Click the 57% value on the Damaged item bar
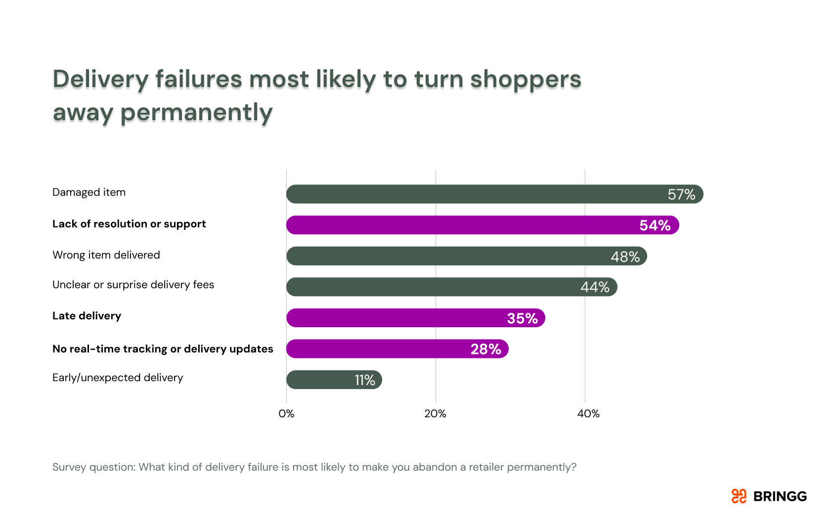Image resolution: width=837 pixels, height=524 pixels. tap(681, 195)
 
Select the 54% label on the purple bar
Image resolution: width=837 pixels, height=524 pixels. tap(655, 225)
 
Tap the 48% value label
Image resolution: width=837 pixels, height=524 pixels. tap(625, 257)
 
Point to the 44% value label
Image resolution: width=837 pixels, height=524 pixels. tap(595, 287)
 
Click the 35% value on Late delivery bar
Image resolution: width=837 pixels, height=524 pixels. tap(522, 318)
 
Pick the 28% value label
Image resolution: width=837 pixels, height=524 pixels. tap(485, 349)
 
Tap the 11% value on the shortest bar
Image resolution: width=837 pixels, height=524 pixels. tap(365, 380)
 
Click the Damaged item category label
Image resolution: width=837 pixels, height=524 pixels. tap(89, 192)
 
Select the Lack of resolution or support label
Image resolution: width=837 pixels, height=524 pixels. tap(129, 224)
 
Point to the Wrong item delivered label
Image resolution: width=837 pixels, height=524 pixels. tap(106, 255)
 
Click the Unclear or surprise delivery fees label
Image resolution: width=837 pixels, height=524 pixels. tap(133, 285)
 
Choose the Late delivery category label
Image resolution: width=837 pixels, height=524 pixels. tap(87, 316)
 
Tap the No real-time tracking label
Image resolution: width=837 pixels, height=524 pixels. tap(163, 349)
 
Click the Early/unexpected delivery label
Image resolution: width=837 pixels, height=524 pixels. tap(118, 378)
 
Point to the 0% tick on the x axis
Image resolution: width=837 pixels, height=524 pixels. tap(286, 414)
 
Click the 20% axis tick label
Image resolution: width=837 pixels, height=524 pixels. tap(435, 414)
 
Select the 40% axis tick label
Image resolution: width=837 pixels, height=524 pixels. tap(588, 414)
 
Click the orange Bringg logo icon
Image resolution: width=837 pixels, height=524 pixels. tap(739, 496)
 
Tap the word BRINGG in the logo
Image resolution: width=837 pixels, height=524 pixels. tap(780, 496)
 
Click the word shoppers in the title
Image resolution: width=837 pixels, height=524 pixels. tap(525, 80)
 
